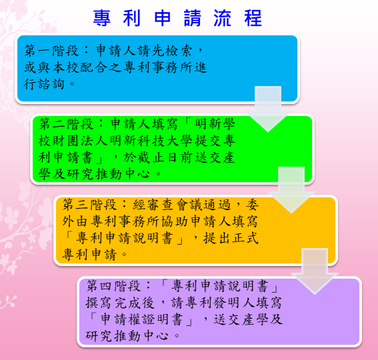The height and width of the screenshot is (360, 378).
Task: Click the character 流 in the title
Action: pyautogui.click(x=223, y=18)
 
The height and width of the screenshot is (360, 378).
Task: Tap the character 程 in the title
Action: pyautogui.click(x=253, y=18)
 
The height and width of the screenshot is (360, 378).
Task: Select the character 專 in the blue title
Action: pyautogui.click(x=102, y=18)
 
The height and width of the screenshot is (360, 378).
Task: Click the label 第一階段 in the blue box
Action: pyautogui.click(x=51, y=51)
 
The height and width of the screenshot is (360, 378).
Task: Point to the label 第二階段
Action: pyautogui.click(x=66, y=124)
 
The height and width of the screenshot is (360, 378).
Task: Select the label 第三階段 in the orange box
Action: pyautogui.click(x=89, y=205)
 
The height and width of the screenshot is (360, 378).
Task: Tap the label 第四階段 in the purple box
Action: pyautogui.click(x=113, y=286)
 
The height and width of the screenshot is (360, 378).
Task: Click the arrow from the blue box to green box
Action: pyautogui.click(x=268, y=109)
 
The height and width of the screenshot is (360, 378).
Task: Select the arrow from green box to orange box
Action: pyautogui.click(x=291, y=190)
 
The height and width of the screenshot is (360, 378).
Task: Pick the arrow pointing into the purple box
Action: pyautogui.click(x=315, y=271)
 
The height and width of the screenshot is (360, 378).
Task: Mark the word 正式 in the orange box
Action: pyautogui.click(x=245, y=238)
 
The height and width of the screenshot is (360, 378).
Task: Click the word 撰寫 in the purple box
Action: pyautogui.click(x=99, y=303)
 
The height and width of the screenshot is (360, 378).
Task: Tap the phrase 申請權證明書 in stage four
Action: pyautogui.click(x=141, y=319)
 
